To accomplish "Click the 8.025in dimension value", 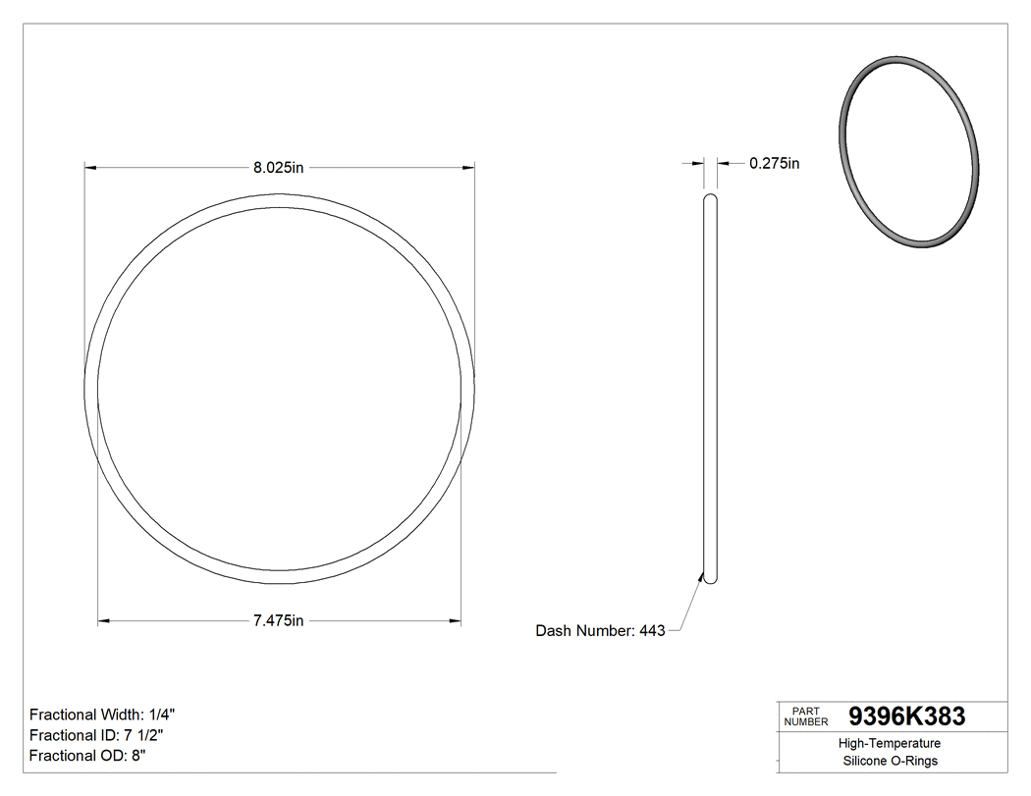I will pyautogui.click(x=279, y=168).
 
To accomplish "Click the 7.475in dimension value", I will pyautogui.click(x=279, y=620).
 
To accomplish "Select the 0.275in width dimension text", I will pyautogui.click(x=774, y=164).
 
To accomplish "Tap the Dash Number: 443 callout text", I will pyautogui.click(x=600, y=631).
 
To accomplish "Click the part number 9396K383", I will pyautogui.click(x=906, y=716).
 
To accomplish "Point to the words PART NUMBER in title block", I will pyautogui.click(x=806, y=716).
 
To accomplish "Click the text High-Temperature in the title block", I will pyautogui.click(x=891, y=744).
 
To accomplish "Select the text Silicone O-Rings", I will pyautogui.click(x=891, y=762).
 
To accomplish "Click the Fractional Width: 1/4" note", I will pyautogui.click(x=102, y=715).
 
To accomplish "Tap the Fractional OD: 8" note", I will pyautogui.click(x=88, y=756).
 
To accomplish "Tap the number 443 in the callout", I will pyautogui.click(x=652, y=631).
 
